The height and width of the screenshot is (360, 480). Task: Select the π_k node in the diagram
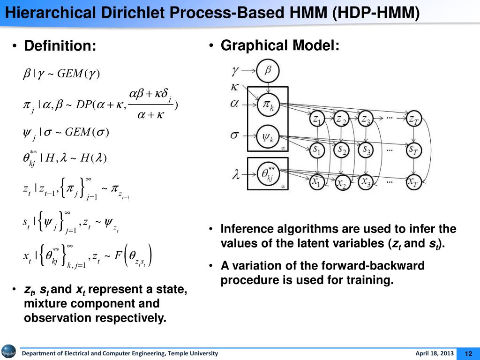tap(267, 105)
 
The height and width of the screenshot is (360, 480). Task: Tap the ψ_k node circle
tap(267, 137)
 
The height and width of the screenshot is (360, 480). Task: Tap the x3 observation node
tap(366, 182)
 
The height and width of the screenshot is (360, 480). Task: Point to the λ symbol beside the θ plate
tap(236, 175)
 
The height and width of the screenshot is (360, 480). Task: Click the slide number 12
tap(467, 353)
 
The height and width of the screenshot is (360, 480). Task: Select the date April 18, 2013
tap(435, 353)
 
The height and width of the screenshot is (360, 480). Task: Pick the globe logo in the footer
tap(8, 352)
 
